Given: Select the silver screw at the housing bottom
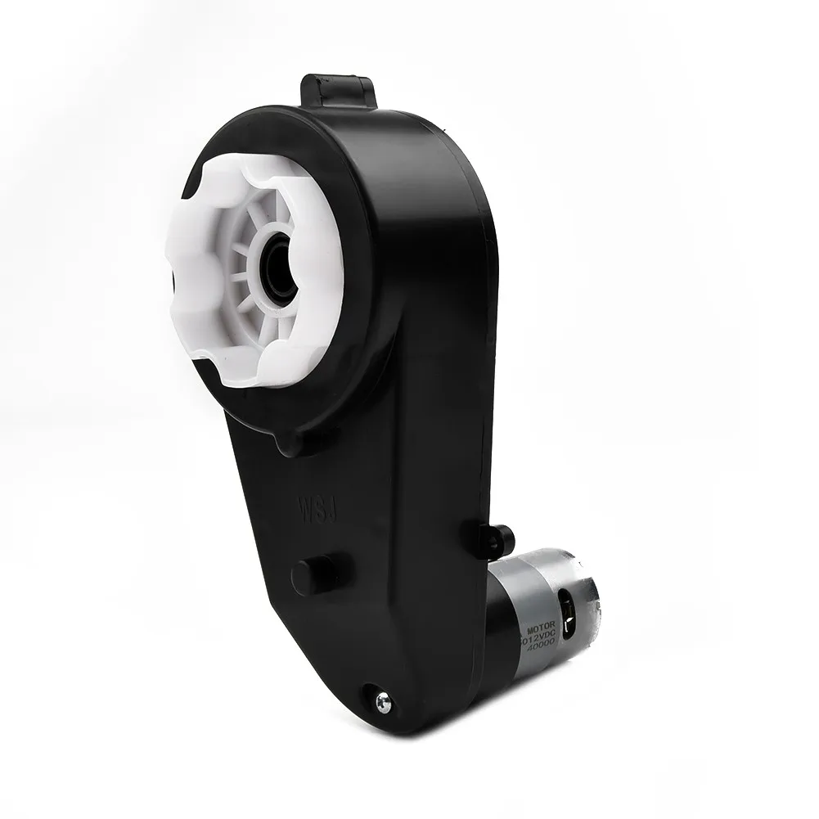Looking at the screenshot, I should (382, 701).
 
